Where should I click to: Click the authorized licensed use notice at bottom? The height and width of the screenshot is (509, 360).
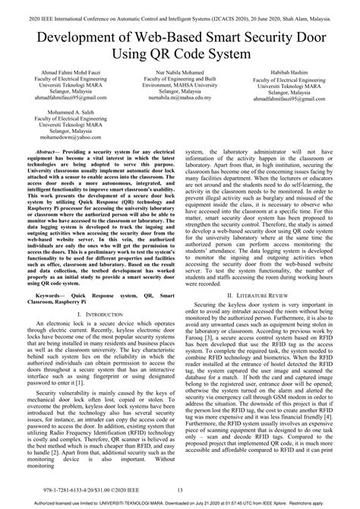click(x=180, y=503)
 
